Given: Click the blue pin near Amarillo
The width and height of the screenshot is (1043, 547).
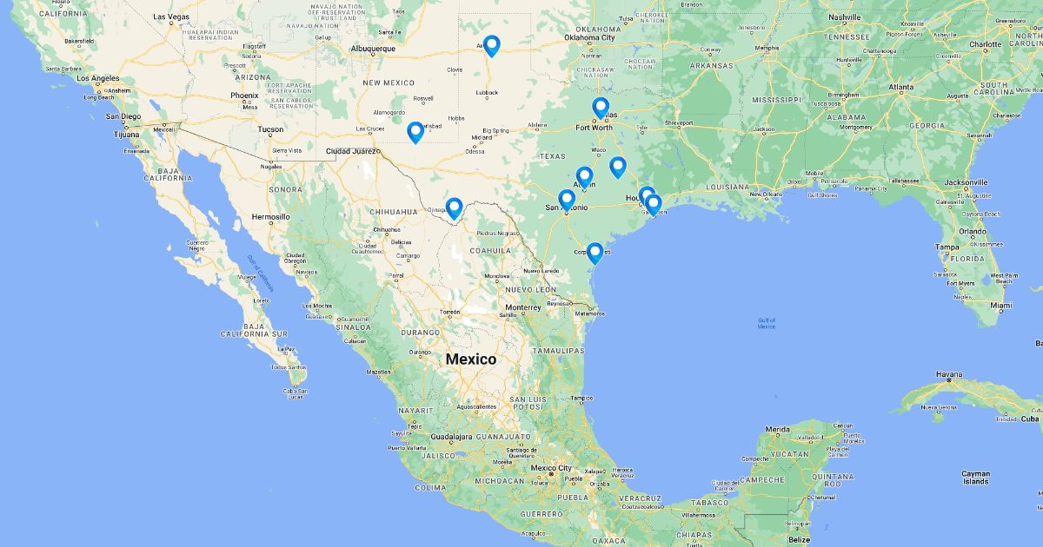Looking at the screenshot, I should (491, 45).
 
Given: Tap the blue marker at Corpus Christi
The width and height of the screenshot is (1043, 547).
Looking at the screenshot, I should (595, 253).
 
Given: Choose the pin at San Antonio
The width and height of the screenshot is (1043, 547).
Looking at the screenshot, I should (567, 200).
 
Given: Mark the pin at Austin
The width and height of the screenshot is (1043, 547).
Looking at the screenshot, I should (585, 177).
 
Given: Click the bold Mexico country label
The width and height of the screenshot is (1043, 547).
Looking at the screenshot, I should (470, 359).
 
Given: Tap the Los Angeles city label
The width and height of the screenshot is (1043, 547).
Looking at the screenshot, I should (99, 78).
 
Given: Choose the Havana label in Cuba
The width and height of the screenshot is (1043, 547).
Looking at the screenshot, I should (949, 374).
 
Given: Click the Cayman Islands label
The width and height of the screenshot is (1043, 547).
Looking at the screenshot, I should (976, 477).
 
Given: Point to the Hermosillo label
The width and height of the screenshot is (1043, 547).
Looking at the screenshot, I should (269, 216).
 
